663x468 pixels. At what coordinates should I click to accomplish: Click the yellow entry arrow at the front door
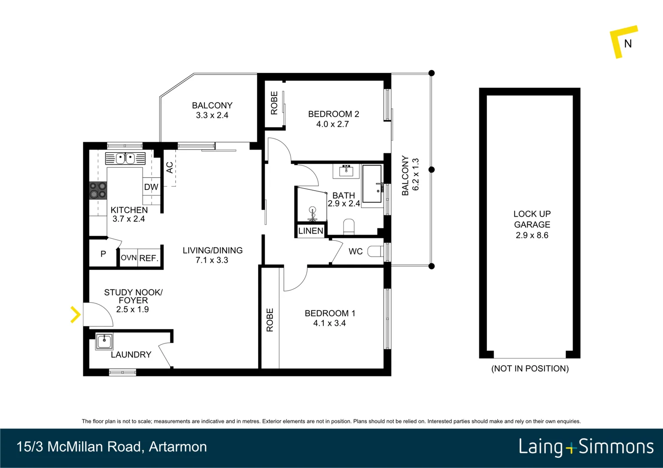click(x=75, y=315)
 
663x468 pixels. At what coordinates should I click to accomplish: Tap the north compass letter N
click(x=627, y=44)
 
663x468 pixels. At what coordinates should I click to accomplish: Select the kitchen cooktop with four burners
click(x=98, y=190)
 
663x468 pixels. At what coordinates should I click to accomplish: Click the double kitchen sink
click(x=125, y=159)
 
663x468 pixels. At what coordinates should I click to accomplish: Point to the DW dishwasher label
click(x=151, y=187)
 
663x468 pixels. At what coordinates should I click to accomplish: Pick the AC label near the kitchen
click(x=170, y=167)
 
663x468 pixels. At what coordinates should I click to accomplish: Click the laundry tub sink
click(x=104, y=341)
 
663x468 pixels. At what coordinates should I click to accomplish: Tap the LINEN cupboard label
click(x=311, y=231)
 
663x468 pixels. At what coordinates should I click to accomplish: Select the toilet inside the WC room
click(x=375, y=251)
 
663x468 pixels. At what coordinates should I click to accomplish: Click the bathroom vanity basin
click(x=346, y=171)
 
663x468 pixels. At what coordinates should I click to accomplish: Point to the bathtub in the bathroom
click(x=372, y=184)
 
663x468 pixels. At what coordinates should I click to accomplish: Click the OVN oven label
click(x=128, y=258)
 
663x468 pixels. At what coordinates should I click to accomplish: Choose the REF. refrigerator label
click(x=149, y=258)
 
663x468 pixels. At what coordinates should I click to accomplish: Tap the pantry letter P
click(x=103, y=254)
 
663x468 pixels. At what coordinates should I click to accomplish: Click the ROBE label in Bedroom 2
click(x=274, y=103)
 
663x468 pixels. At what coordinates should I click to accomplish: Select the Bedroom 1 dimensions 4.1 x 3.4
click(x=329, y=323)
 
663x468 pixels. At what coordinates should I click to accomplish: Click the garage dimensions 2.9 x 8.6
click(x=532, y=235)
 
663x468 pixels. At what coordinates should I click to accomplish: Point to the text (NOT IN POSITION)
click(x=530, y=369)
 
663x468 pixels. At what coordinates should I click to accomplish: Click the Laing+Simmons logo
click(x=586, y=447)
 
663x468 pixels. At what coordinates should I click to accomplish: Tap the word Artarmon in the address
click(x=178, y=447)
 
